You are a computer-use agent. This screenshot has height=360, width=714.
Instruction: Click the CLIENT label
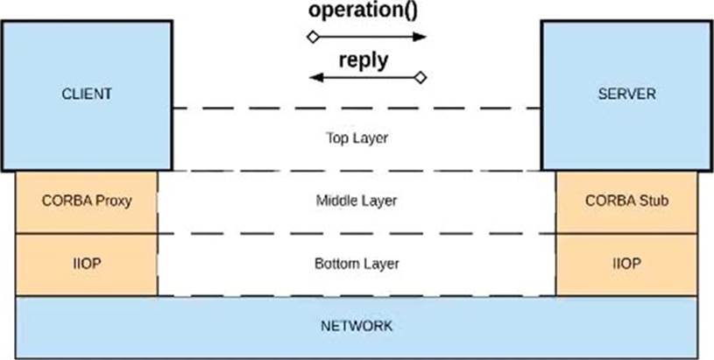(87, 94)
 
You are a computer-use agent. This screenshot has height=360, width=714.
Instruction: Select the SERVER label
(626, 94)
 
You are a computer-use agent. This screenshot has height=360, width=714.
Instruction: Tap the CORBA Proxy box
(87, 202)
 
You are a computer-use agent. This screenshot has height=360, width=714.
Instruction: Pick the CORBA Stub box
(626, 202)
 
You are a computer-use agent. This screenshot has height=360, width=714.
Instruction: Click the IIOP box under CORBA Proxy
(87, 265)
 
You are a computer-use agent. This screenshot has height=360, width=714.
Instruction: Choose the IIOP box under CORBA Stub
(626, 265)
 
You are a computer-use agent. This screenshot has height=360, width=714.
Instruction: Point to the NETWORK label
(357, 326)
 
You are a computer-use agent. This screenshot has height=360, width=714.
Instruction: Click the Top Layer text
(357, 138)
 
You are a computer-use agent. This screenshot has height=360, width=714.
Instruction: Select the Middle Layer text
(357, 201)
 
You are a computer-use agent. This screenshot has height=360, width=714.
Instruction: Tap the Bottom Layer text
(357, 264)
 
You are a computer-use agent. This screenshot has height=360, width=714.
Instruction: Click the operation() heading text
(363, 11)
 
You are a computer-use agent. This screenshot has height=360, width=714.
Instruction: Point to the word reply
(364, 60)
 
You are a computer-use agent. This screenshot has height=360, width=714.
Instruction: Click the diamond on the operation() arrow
(313, 37)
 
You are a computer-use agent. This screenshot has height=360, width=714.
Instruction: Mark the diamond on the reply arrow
(421, 77)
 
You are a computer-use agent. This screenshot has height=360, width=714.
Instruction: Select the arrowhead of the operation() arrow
(420, 37)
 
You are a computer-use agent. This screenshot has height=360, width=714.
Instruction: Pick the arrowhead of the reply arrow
(316, 77)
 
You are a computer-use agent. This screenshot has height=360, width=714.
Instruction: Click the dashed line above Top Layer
(357, 109)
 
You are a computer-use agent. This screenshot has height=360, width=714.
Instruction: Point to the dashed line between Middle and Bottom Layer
(357, 234)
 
